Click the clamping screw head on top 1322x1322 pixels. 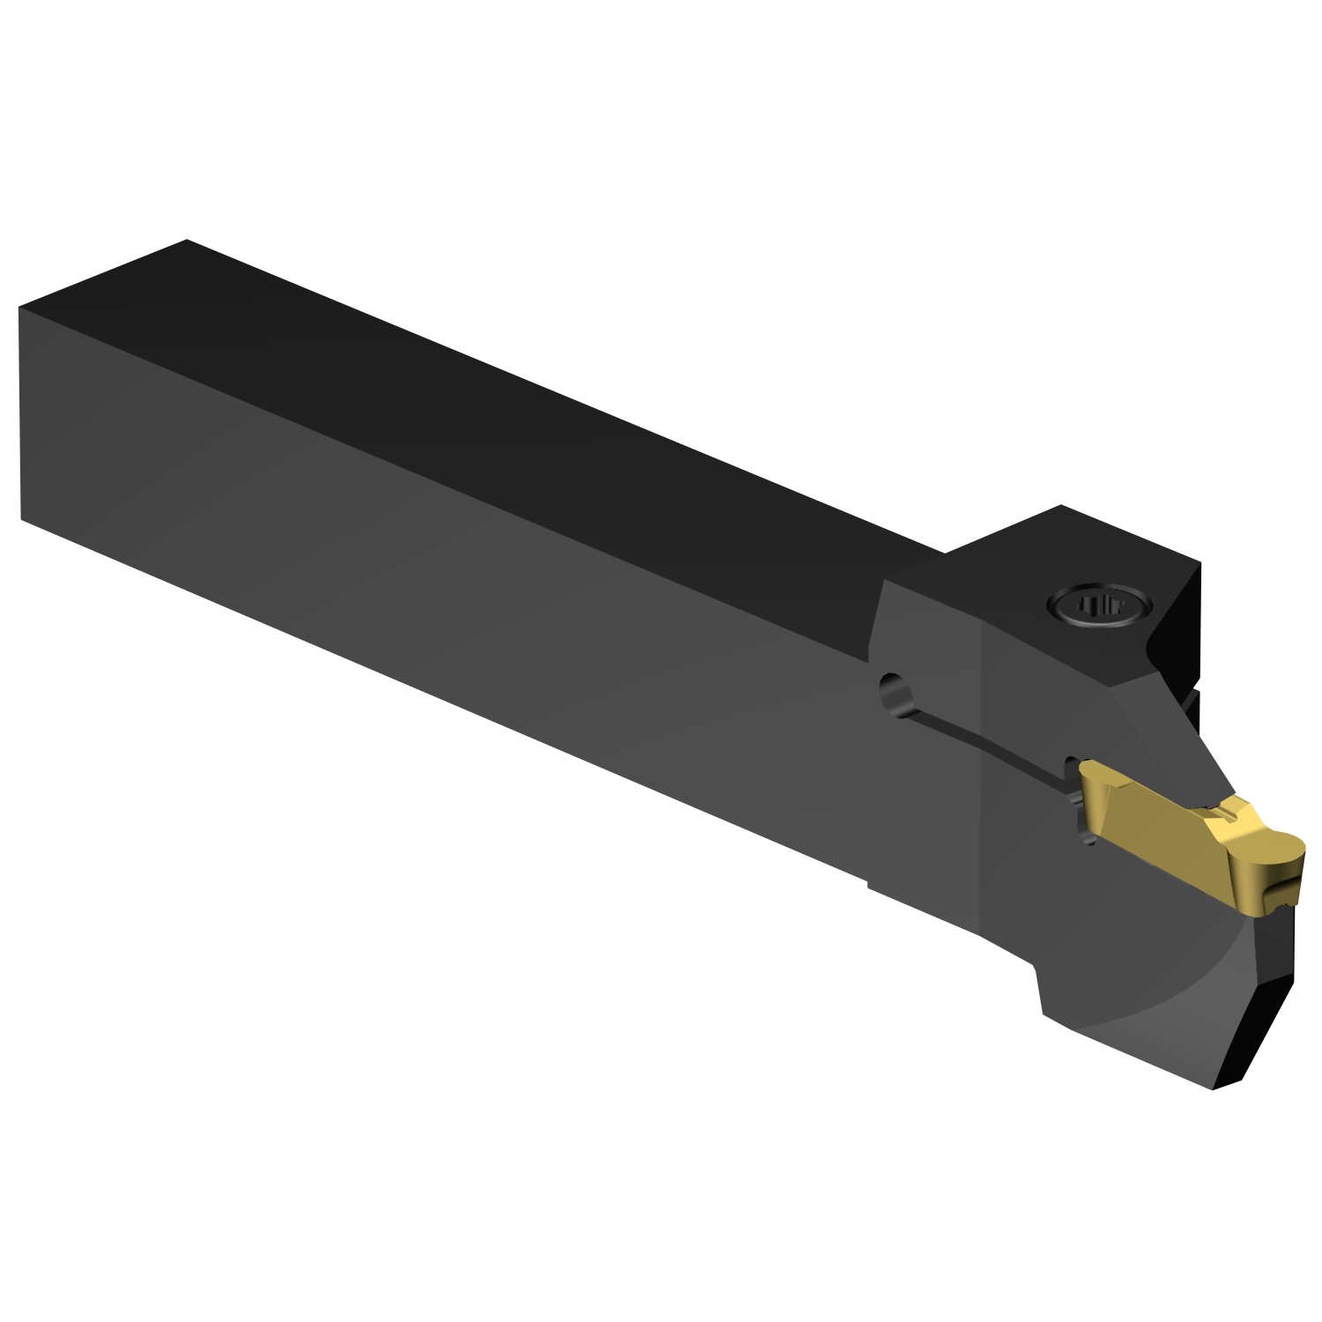1098,606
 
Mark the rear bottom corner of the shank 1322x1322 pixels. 21,520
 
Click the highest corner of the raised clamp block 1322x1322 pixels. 1061,506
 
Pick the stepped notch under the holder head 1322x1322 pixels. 1040,969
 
